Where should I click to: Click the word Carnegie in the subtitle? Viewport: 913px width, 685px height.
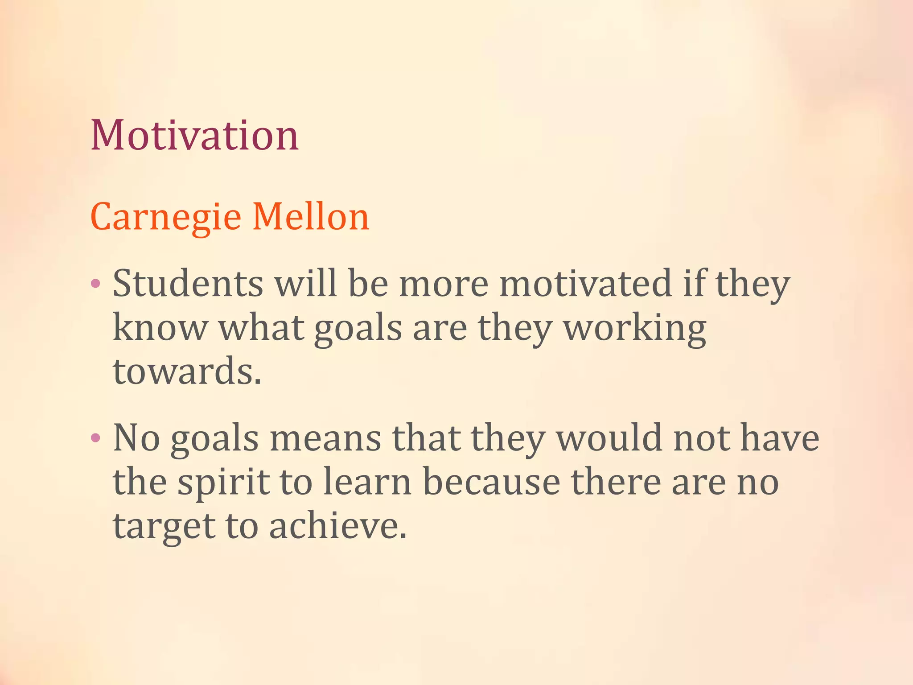pyautogui.click(x=165, y=217)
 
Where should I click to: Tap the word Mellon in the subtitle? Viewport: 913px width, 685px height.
pyautogui.click(x=311, y=217)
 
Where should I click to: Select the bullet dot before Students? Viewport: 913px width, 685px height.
pyautogui.click(x=95, y=283)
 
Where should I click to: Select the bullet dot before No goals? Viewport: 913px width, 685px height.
pyautogui.click(x=95, y=437)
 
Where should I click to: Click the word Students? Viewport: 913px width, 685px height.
pyautogui.click(x=188, y=284)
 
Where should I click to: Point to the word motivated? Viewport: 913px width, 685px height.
pyautogui.click(x=585, y=284)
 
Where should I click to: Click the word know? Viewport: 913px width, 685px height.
pyautogui.click(x=160, y=328)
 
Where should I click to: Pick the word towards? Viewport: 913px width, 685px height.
pyautogui.click(x=187, y=371)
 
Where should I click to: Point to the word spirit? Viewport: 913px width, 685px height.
pyautogui.click(x=223, y=483)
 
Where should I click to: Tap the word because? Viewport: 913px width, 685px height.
pyautogui.click(x=491, y=482)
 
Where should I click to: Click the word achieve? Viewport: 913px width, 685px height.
pyautogui.click(x=337, y=526)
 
